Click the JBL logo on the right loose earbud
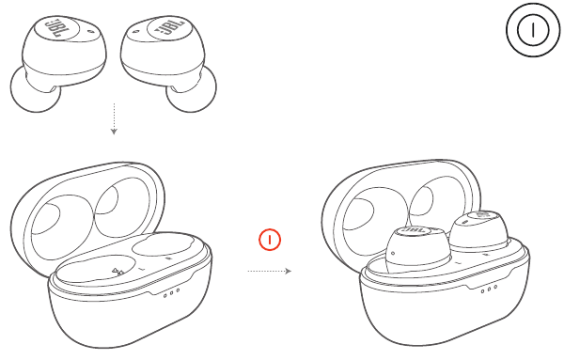coord(169,27)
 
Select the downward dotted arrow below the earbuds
coord(114,118)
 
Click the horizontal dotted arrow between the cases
coord(270,271)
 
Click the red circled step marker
coord(270,240)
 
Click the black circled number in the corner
coord(533,29)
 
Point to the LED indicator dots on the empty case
coord(172,293)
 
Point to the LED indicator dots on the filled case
coord(489,289)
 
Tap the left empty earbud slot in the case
coord(94,269)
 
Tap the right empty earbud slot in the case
coord(164,244)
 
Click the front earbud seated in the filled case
coord(417,250)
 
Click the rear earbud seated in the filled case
coord(479,230)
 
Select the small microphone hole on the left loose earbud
coord(89,32)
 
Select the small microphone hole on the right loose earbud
coord(136,32)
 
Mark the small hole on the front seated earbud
coord(393,253)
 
